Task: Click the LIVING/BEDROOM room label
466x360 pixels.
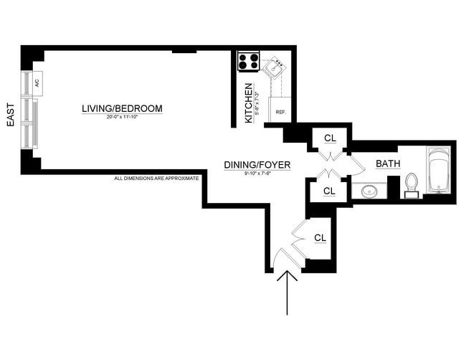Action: [x=122, y=109]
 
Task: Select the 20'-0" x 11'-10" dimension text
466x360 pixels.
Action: [x=122, y=117]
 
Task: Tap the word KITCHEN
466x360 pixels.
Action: [x=249, y=103]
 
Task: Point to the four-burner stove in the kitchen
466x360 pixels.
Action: [x=249, y=62]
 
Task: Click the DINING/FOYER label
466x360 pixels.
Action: [x=257, y=165]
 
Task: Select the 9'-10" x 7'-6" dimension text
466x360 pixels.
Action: [x=257, y=173]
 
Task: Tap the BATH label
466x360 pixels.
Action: [x=388, y=164]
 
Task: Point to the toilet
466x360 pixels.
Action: [x=412, y=184]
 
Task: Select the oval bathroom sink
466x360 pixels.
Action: [x=369, y=191]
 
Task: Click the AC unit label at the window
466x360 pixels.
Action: [x=37, y=82]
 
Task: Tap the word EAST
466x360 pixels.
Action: [x=11, y=114]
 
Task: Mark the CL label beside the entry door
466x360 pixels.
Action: [x=320, y=237]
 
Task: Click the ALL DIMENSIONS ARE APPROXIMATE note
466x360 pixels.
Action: [x=156, y=178]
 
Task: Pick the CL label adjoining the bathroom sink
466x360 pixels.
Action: [x=329, y=191]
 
